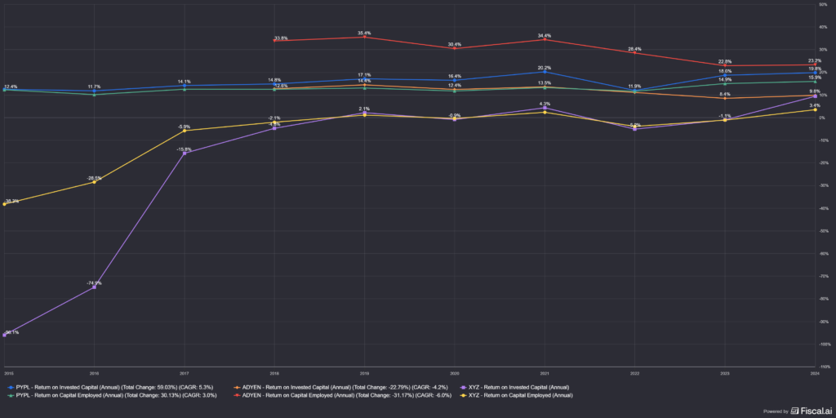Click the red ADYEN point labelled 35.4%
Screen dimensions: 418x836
pyautogui.click(x=365, y=37)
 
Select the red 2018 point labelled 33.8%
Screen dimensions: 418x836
pyautogui.click(x=275, y=41)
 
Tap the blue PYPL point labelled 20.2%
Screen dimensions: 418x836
pyautogui.click(x=545, y=72)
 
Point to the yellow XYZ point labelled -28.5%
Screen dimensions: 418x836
pyautogui.click(x=95, y=182)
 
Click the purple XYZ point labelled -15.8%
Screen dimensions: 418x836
pyautogui.click(x=185, y=153)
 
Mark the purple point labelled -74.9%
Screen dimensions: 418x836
pyautogui.click(x=95, y=287)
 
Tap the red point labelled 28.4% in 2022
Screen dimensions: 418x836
pyautogui.click(x=634, y=53)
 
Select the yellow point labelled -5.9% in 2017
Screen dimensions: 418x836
pyautogui.click(x=185, y=131)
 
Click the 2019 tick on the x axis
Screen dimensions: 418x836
pyautogui.click(x=365, y=371)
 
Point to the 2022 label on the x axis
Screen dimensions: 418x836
pyautogui.click(x=634, y=371)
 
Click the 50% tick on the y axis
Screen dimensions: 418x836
pyautogui.click(x=825, y=4)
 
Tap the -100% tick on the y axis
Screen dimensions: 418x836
pyautogui.click(x=824, y=367)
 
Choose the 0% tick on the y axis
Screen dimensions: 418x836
pyautogui.click(x=825, y=118)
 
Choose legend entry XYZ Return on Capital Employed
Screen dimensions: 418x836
pyautogui.click(x=519, y=395)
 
